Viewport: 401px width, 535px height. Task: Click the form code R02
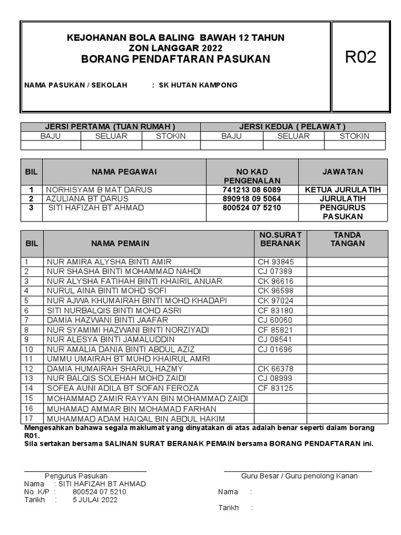coord(361,57)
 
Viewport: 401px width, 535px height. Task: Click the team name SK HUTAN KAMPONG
coord(198,85)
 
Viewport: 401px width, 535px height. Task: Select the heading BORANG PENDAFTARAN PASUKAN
coord(176,59)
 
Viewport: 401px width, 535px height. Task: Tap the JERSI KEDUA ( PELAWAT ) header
coord(292,126)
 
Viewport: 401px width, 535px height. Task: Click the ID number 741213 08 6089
coord(252,190)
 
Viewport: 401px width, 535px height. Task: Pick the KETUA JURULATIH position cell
coord(343,190)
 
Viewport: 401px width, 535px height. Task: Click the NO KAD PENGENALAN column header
coord(252,176)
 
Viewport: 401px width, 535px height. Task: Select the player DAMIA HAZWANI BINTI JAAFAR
coord(108,320)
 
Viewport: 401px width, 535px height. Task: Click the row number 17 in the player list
coord(29,418)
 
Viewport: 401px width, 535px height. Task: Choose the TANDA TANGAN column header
coord(347,239)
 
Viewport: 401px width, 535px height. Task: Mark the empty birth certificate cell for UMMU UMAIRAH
coord(280,359)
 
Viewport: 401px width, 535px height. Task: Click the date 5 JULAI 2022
coord(95,500)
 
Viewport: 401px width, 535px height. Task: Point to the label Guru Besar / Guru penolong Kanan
coord(299,476)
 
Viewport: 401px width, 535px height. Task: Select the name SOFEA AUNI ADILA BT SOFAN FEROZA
coord(123,388)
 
